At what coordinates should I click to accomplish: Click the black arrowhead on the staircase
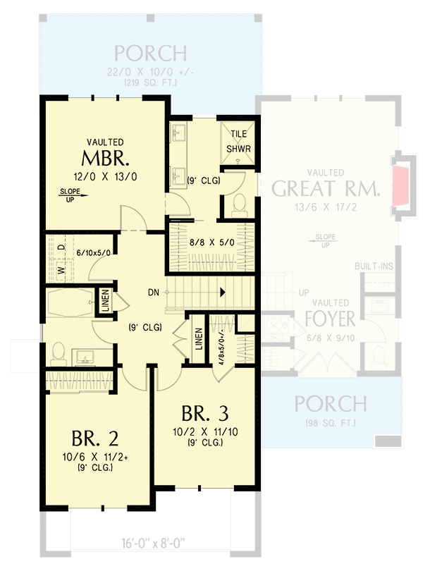tap(223, 291)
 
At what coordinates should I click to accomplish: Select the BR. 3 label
tap(204, 412)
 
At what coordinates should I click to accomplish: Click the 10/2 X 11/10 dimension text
tap(205, 431)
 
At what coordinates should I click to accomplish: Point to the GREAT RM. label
tap(326, 188)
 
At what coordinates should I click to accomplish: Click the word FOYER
tap(331, 319)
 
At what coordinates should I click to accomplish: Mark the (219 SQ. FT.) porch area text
tap(151, 83)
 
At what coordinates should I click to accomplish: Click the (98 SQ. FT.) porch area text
tap(330, 422)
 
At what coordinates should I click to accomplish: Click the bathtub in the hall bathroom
tap(68, 305)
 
